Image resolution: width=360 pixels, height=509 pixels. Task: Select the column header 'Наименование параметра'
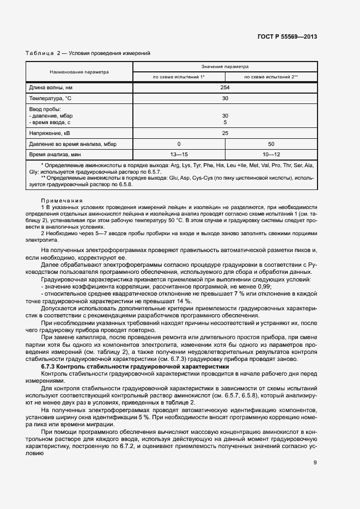(x=79, y=72)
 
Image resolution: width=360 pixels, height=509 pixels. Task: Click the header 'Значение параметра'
(x=224, y=66)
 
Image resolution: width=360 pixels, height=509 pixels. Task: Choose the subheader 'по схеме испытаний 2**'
(x=271, y=77)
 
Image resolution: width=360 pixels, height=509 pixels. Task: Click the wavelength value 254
(x=224, y=88)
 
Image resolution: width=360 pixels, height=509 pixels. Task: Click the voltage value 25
(x=224, y=133)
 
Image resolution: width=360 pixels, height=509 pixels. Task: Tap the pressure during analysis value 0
(x=179, y=144)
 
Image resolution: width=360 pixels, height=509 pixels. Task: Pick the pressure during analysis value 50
(x=271, y=144)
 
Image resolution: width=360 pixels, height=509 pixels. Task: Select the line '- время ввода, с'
(x=51, y=122)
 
